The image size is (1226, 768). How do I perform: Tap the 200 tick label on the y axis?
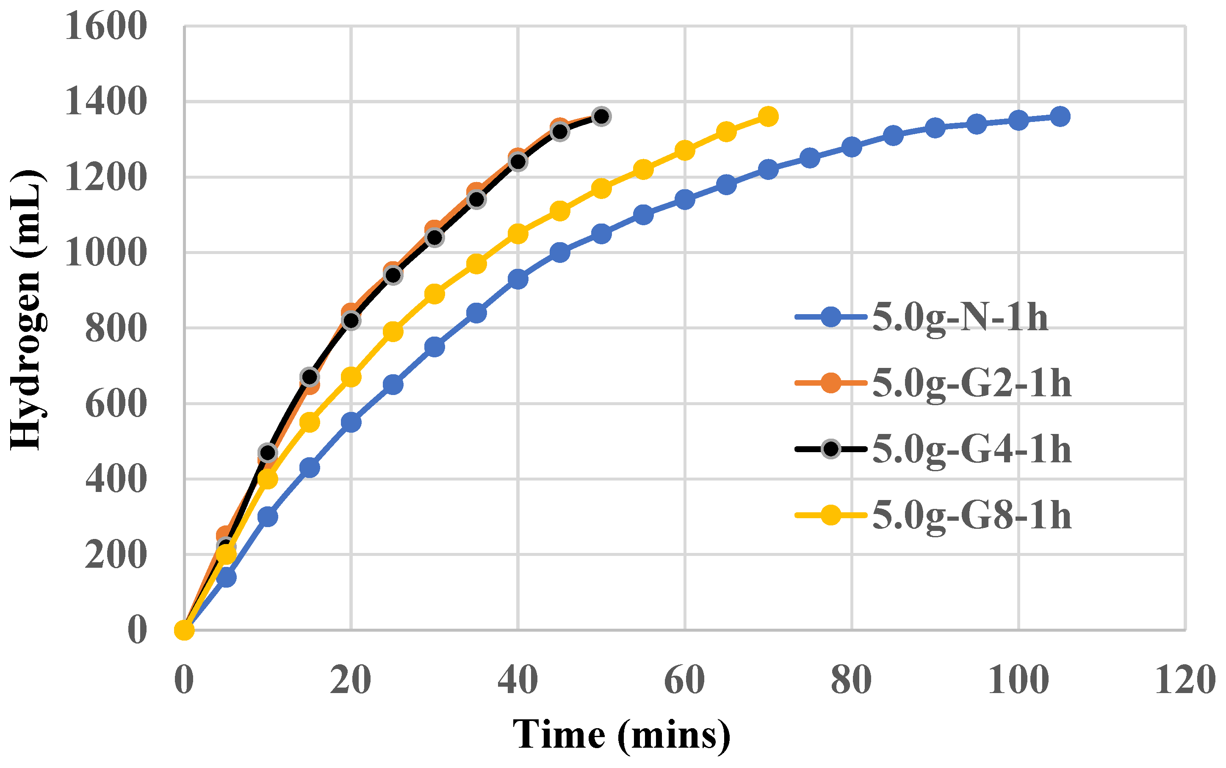click(116, 555)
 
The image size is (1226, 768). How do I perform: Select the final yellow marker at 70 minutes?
click(768, 116)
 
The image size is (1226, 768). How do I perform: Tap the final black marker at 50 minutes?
click(601, 116)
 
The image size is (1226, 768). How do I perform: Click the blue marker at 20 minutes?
click(351, 422)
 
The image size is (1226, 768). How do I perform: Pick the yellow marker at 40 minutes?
click(518, 234)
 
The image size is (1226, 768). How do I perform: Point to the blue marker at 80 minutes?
click(852, 147)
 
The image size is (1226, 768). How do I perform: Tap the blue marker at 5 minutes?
click(226, 577)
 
